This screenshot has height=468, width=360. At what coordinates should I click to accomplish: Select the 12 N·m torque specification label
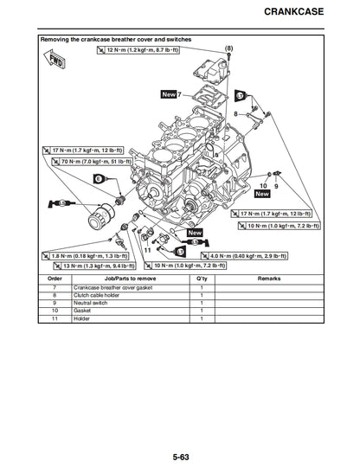tap(137, 51)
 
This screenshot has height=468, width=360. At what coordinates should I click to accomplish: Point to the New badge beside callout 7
tap(169, 93)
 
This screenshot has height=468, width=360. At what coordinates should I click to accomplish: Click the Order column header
tap(55, 279)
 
